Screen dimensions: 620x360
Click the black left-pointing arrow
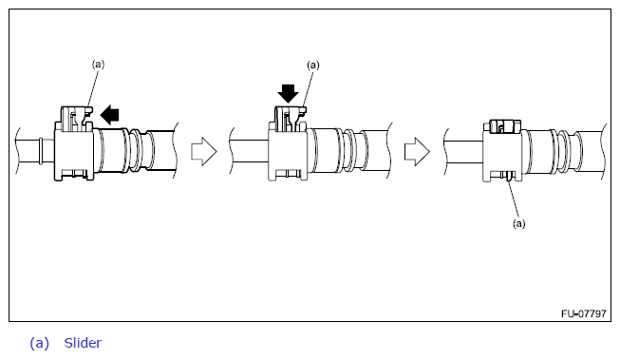tap(109, 115)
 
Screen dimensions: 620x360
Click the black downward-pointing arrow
tap(288, 94)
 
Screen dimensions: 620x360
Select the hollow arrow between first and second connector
tap(204, 152)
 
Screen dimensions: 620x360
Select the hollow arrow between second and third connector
tap(417, 152)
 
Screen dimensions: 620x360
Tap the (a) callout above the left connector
tap(98, 64)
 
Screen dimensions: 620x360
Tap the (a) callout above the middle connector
tap(313, 65)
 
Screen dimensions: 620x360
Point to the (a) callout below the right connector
tap(519, 223)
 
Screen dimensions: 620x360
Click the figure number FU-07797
tap(584, 313)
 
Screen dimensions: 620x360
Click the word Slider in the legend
tap(83, 343)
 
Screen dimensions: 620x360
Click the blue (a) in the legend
tap(40, 343)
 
